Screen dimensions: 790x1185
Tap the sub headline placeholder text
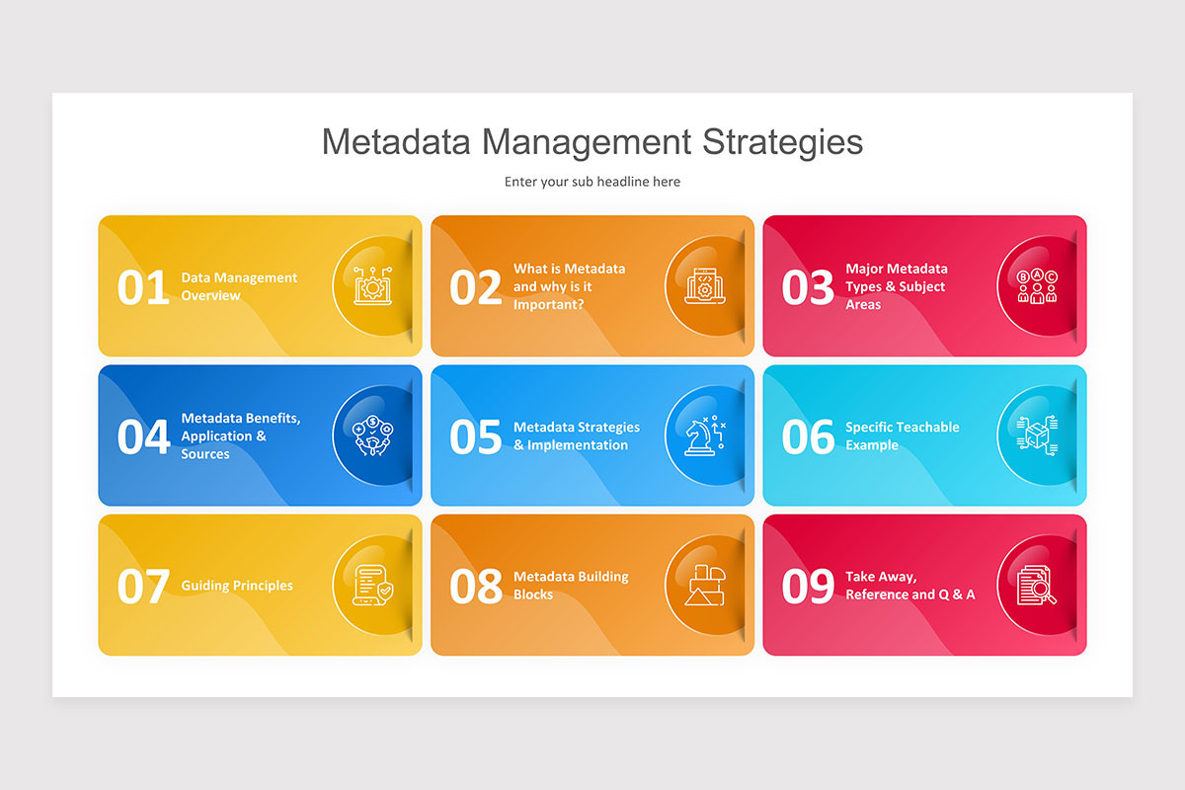[592, 182]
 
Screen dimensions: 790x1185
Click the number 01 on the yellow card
[143, 287]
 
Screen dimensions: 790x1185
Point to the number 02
[476, 287]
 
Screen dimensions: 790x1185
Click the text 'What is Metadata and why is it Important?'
[569, 286]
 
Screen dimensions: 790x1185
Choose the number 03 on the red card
[808, 287]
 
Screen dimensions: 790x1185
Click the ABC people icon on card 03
[1037, 286]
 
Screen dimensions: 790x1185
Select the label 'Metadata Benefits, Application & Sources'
[240, 436]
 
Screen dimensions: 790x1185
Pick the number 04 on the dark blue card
[143, 437]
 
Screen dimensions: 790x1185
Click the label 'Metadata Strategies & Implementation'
[576, 436]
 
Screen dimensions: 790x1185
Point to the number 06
[808, 437]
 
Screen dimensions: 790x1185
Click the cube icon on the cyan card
[1037, 435]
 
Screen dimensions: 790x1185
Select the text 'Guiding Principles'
[237, 586]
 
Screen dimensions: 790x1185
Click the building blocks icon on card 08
[705, 586]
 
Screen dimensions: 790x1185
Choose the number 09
[808, 587]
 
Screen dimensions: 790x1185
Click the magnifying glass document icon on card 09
[1037, 586]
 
